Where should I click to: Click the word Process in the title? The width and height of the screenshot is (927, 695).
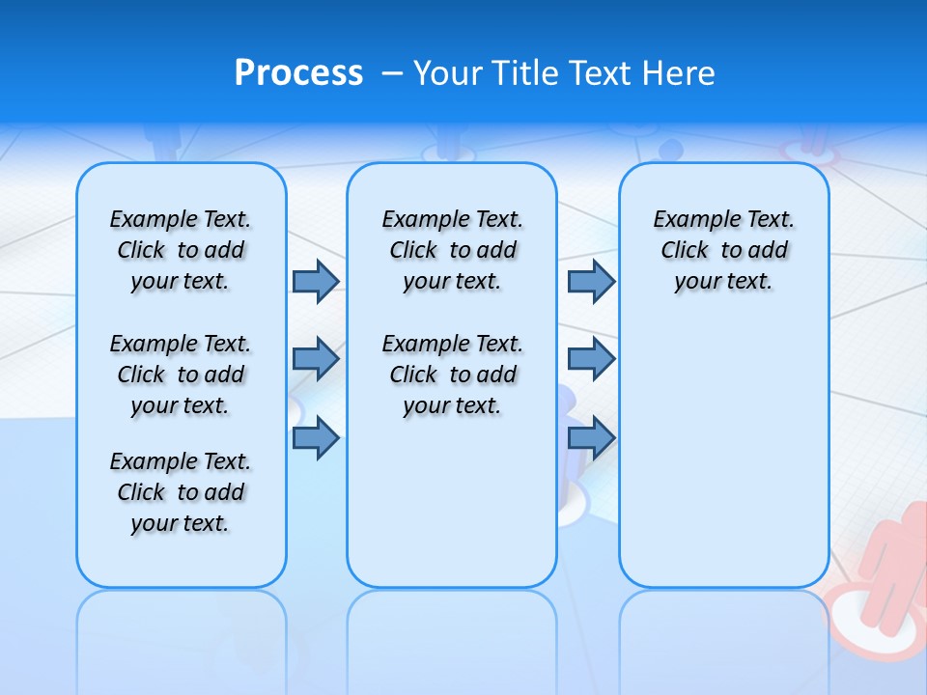298,73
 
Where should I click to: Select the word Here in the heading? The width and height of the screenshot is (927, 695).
679,73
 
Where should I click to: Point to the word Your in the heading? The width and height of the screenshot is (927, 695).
449,73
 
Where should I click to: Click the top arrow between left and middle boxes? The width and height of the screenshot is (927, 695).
316,281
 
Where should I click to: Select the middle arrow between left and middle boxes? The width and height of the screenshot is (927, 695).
316,359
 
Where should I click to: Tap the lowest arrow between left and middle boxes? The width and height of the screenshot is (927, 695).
316,438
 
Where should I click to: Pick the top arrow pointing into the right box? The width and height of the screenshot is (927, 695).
591,281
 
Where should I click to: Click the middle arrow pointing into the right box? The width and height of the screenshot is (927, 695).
591,359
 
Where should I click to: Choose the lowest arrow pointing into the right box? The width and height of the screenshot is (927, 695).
591,438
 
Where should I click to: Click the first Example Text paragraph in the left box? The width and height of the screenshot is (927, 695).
181,250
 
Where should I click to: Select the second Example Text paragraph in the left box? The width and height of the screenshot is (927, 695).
181,375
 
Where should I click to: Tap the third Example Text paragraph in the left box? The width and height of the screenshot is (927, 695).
181,492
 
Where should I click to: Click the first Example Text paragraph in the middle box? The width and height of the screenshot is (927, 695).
452,250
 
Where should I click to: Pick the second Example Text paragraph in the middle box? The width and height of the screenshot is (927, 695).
452,375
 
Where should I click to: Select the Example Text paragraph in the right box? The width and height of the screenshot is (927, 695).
723,250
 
